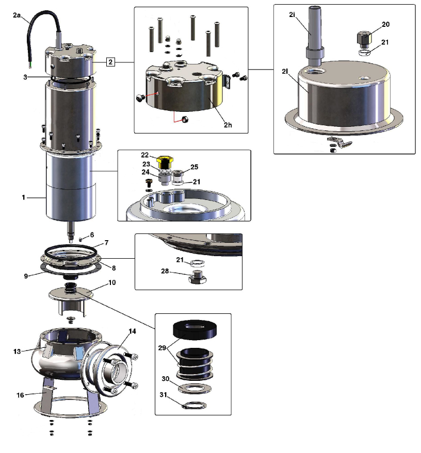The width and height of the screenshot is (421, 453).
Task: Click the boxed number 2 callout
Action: (110, 62)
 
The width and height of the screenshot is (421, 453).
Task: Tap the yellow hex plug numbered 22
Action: (165, 162)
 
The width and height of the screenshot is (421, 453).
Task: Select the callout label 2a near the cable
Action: (17, 15)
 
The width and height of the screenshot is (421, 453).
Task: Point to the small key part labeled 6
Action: (81, 239)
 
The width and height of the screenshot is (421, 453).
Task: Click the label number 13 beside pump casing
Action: (17, 351)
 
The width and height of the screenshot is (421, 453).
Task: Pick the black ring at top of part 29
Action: (195, 329)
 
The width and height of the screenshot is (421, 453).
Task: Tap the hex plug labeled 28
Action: (198, 277)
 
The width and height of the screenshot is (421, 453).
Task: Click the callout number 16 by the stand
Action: (20, 395)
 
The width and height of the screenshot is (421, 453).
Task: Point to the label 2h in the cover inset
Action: (228, 125)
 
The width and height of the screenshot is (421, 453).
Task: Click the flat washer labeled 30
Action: (195, 389)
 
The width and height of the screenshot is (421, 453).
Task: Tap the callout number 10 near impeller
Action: (112, 282)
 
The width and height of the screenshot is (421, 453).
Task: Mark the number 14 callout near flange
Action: (132, 331)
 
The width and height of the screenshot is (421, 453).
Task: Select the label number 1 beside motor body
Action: (23, 197)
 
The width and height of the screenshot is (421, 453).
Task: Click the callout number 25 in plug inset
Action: (195, 167)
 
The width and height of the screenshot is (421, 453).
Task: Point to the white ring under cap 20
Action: (365, 53)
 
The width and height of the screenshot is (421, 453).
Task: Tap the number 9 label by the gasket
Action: (26, 276)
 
